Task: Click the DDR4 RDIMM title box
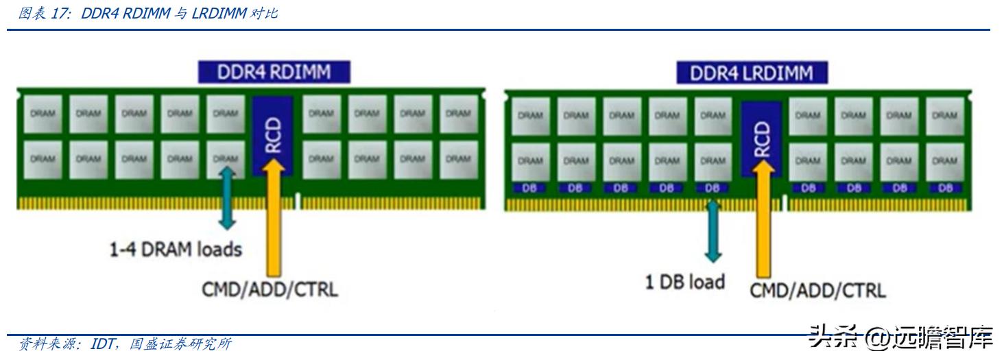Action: pos(274,72)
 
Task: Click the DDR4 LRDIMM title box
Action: pos(752,73)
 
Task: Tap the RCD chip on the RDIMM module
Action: pos(272,134)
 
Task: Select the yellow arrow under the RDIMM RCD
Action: pos(273,219)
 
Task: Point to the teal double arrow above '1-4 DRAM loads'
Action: pos(227,199)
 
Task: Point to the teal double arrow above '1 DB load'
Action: pos(713,232)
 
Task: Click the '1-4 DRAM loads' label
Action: pos(176,249)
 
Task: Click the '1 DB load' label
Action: pos(684,281)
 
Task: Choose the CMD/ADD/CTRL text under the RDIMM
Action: pos(270,289)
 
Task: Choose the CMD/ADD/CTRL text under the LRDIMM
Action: pos(817,290)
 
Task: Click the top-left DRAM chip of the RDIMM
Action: pos(43,114)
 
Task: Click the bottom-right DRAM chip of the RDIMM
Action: pos(459,159)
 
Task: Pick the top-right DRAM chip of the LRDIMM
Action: pos(944,116)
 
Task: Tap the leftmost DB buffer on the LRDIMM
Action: pos(529,188)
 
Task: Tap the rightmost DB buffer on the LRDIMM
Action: pos(944,188)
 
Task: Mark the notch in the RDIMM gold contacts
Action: pos(297,202)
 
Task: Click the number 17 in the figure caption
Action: pos(57,14)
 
